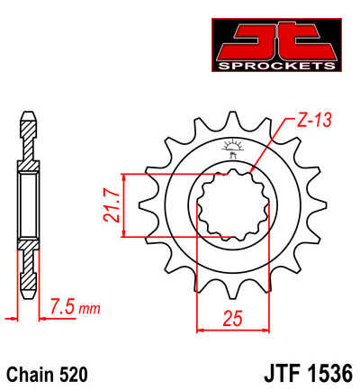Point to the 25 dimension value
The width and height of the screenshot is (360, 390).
233,316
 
